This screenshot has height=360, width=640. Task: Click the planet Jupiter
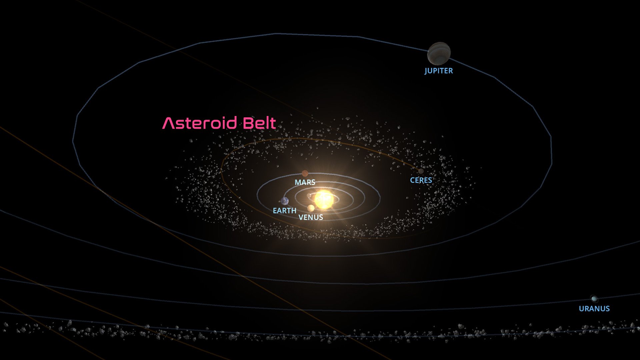[x=439, y=53]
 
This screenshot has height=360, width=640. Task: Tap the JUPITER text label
[x=439, y=71]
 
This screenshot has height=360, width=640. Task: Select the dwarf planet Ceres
[x=421, y=171]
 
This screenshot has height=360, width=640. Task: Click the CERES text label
[x=421, y=180]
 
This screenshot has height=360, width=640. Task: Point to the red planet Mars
[x=305, y=173]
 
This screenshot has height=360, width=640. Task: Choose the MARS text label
[x=305, y=182]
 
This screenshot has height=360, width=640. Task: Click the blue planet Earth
[x=285, y=201]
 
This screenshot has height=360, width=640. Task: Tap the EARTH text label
[x=285, y=211]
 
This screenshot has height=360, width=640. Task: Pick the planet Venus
[x=311, y=208]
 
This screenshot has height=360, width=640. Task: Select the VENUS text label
[x=311, y=217]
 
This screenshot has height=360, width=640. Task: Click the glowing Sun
[x=324, y=199]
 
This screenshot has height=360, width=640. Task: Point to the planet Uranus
[x=594, y=299]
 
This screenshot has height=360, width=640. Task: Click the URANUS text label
[x=594, y=309]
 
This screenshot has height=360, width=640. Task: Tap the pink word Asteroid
[x=200, y=123]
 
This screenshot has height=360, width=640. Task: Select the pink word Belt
[x=259, y=123]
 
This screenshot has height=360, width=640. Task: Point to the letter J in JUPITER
[x=426, y=71]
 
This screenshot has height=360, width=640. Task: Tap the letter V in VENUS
[x=301, y=217]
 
